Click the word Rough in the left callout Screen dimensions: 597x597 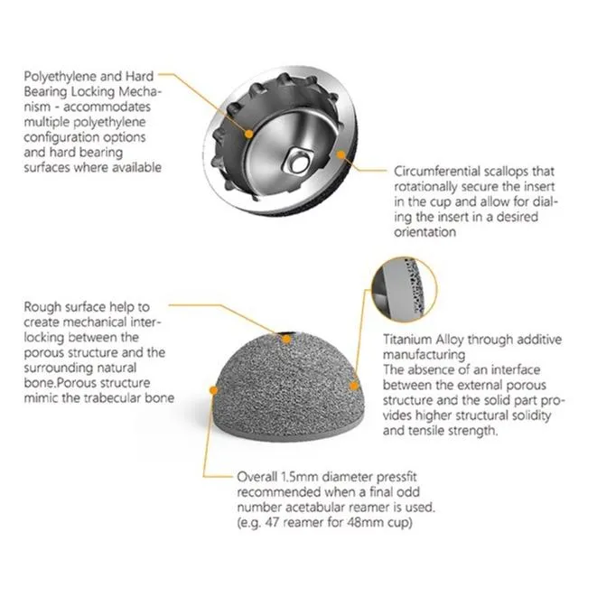click(x=42, y=307)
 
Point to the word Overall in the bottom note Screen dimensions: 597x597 click(x=257, y=477)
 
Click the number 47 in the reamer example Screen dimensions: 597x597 click(x=272, y=522)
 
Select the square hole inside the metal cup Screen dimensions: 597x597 click(x=298, y=162)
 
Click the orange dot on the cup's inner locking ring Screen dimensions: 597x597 click(x=248, y=134)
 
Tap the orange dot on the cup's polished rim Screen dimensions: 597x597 click(x=341, y=154)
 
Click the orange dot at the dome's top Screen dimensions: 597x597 click(x=286, y=340)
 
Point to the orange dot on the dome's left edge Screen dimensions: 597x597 click(x=213, y=390)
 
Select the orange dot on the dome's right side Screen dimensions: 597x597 click(x=354, y=386)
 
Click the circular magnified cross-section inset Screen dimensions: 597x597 click(x=404, y=289)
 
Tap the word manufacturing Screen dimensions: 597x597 click(x=424, y=355)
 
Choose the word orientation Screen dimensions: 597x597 click(x=424, y=232)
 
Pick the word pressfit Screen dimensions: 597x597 click(x=396, y=477)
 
